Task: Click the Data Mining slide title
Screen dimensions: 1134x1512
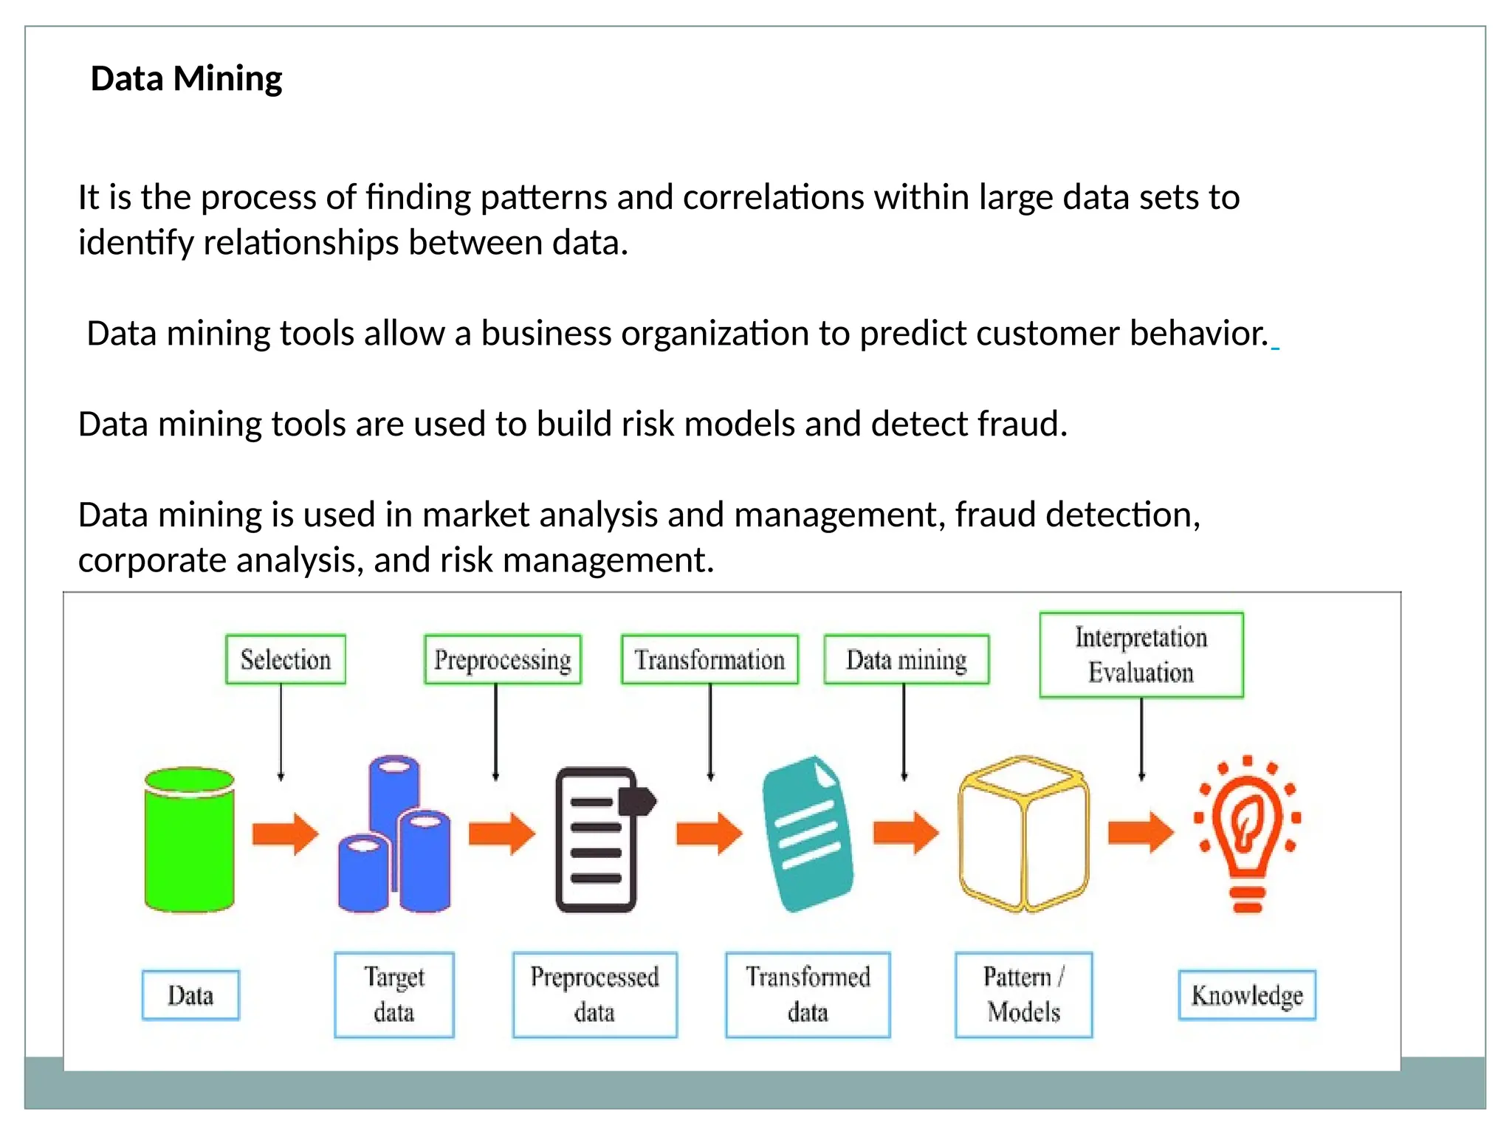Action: tap(186, 78)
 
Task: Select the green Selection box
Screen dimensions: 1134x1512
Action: tap(286, 659)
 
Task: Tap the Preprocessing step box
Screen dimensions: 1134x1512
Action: tap(503, 659)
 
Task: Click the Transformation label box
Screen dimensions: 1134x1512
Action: tap(709, 659)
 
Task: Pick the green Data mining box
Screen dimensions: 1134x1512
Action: tap(906, 659)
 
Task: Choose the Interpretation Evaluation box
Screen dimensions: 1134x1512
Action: tap(1141, 655)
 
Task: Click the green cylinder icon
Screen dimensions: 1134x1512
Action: tap(190, 840)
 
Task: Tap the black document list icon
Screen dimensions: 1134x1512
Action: tap(598, 840)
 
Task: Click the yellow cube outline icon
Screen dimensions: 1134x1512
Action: tap(1023, 834)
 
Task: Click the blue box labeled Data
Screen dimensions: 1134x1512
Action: tap(190, 995)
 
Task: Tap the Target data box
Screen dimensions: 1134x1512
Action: tap(394, 994)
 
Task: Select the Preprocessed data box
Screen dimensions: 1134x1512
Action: tap(594, 994)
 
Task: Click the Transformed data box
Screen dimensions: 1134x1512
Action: tap(808, 994)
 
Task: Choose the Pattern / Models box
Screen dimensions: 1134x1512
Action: tap(1023, 994)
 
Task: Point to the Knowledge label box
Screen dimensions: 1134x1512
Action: tap(1247, 995)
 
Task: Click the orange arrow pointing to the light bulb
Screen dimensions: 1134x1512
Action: tap(1140, 833)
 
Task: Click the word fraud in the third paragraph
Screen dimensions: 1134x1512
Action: tap(1021, 424)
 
